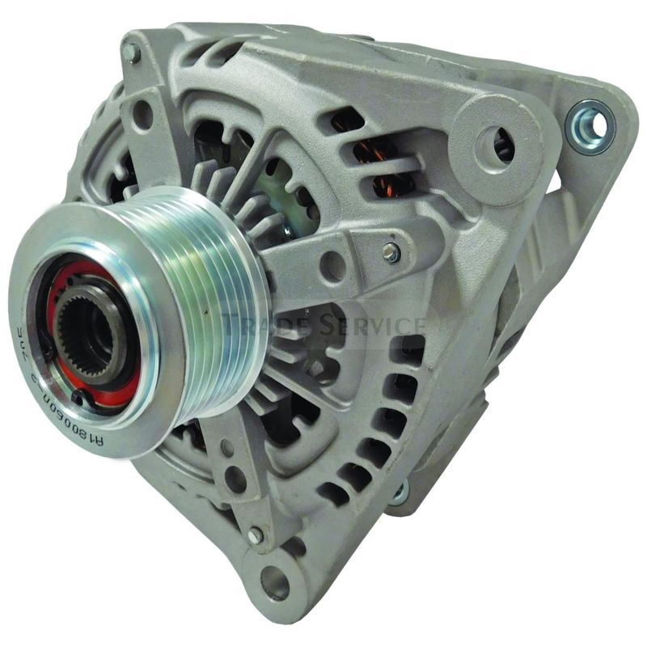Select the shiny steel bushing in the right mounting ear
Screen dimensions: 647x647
(588, 124)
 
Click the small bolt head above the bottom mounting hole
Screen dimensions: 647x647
(256, 535)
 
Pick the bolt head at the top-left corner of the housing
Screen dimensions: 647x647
(131, 53)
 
